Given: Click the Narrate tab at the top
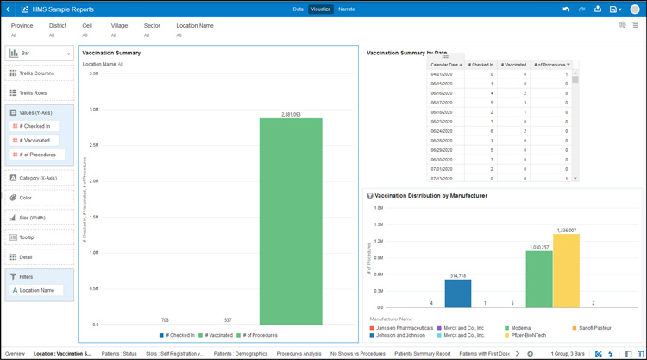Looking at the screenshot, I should point(346,9).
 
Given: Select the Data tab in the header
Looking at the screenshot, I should point(298,9).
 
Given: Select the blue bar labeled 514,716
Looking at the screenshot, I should point(458,294).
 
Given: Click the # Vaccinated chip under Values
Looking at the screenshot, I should point(35,140).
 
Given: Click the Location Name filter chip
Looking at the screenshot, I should point(37,290).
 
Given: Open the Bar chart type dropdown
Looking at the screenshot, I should point(40,54).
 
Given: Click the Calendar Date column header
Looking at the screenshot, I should point(446,65).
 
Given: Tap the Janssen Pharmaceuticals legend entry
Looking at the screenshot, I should point(404,328).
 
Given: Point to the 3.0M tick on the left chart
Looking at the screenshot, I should point(93,110).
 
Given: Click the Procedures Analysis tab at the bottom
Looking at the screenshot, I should point(299,354).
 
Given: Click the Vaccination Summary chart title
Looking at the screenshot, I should point(111,53).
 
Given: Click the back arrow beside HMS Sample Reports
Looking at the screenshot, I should point(9,9).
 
